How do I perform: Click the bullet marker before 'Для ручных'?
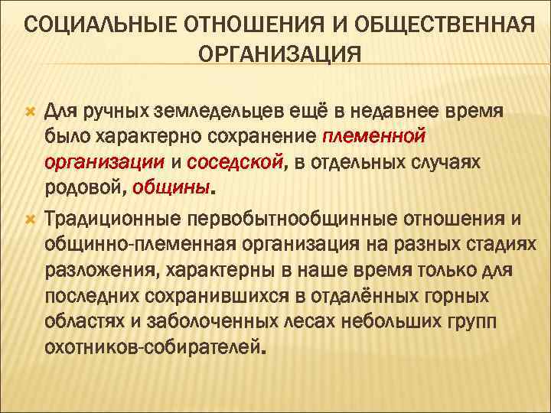pos(30,112)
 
